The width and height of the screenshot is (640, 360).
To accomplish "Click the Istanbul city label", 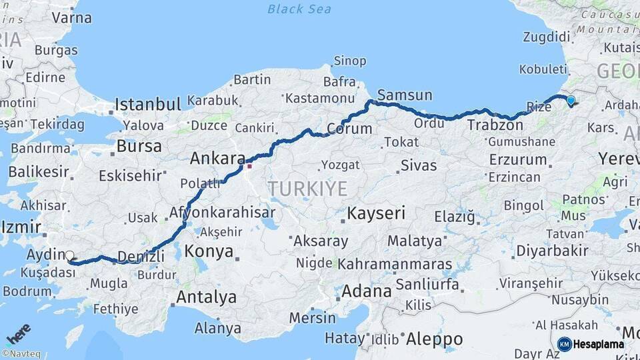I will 147,105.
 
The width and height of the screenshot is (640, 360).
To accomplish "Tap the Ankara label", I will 217,159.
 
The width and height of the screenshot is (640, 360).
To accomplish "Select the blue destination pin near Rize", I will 570,101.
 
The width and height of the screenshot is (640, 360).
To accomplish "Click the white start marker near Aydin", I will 69,255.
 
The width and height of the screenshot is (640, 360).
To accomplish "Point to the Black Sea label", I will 299,9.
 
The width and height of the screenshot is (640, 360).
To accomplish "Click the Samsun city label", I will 405,95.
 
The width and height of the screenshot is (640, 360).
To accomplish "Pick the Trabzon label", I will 492,125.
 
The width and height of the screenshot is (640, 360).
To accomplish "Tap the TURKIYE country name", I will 307,189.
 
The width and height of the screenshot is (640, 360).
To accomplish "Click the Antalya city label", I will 207,297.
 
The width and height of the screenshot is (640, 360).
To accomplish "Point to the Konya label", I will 209,251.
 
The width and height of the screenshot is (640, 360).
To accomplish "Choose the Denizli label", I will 141,256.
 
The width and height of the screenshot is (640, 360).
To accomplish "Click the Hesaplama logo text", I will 599,345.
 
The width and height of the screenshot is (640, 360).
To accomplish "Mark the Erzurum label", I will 517,160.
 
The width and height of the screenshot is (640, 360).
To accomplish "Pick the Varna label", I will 71,18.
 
